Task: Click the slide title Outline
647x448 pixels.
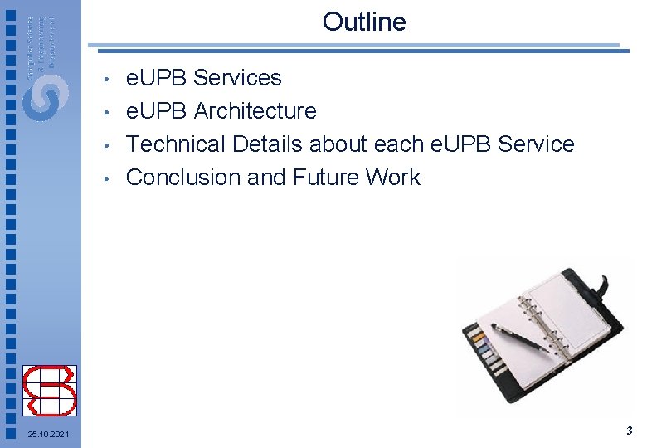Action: [x=364, y=22]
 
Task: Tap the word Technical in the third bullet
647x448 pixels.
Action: [x=176, y=144]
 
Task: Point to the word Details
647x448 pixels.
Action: [x=268, y=144]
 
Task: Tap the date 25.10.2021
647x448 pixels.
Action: [x=48, y=435]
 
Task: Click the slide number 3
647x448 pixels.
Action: [x=630, y=431]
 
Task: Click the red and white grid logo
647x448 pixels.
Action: [x=50, y=390]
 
